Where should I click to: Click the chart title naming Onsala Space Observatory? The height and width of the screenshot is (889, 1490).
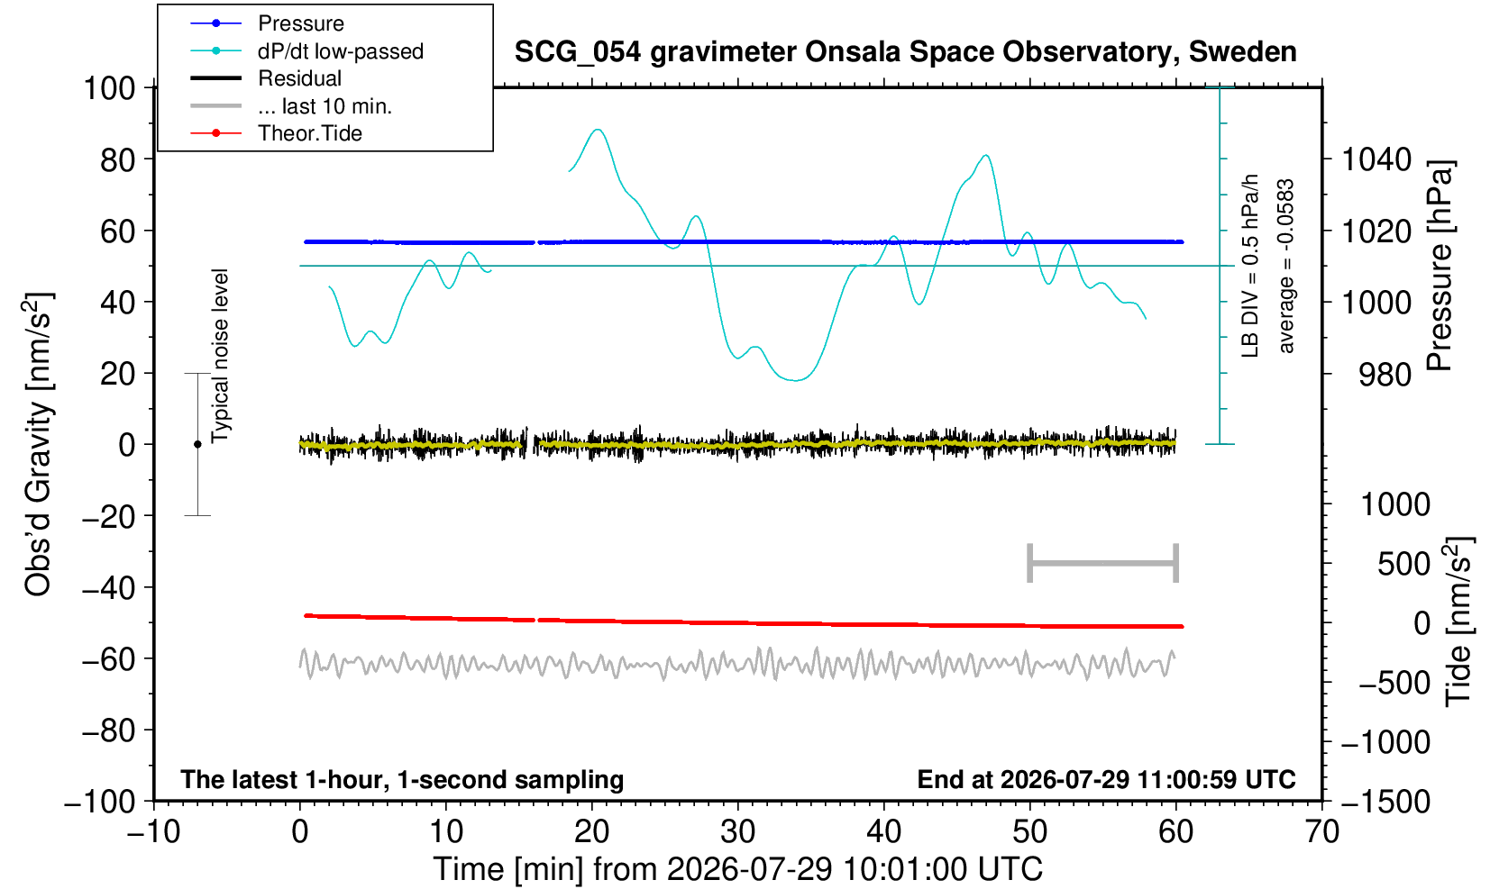pos(905,51)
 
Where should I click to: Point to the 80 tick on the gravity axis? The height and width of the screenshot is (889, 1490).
pos(118,159)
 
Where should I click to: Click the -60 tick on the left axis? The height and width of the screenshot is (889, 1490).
pos(108,659)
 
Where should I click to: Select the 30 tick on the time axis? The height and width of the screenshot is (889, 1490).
pos(737,831)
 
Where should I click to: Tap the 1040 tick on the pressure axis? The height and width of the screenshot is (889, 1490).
pos(1376,159)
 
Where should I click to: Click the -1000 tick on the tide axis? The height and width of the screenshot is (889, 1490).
pos(1385,742)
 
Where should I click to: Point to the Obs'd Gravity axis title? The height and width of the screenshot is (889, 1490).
pos(37,445)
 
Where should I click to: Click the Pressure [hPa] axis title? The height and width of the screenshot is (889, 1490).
pos(1440,266)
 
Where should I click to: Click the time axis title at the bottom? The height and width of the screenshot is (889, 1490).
pos(737,869)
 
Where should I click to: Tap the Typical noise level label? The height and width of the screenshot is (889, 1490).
pos(220,357)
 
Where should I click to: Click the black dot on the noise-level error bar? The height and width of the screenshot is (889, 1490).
pos(197,444)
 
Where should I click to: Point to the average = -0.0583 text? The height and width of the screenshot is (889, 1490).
pos(1285,266)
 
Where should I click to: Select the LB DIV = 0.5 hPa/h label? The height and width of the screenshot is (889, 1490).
pos(1250,266)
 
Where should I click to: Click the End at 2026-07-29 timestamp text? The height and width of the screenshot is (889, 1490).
pos(1106,779)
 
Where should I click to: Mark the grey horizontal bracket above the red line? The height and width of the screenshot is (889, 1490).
pos(1103,563)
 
